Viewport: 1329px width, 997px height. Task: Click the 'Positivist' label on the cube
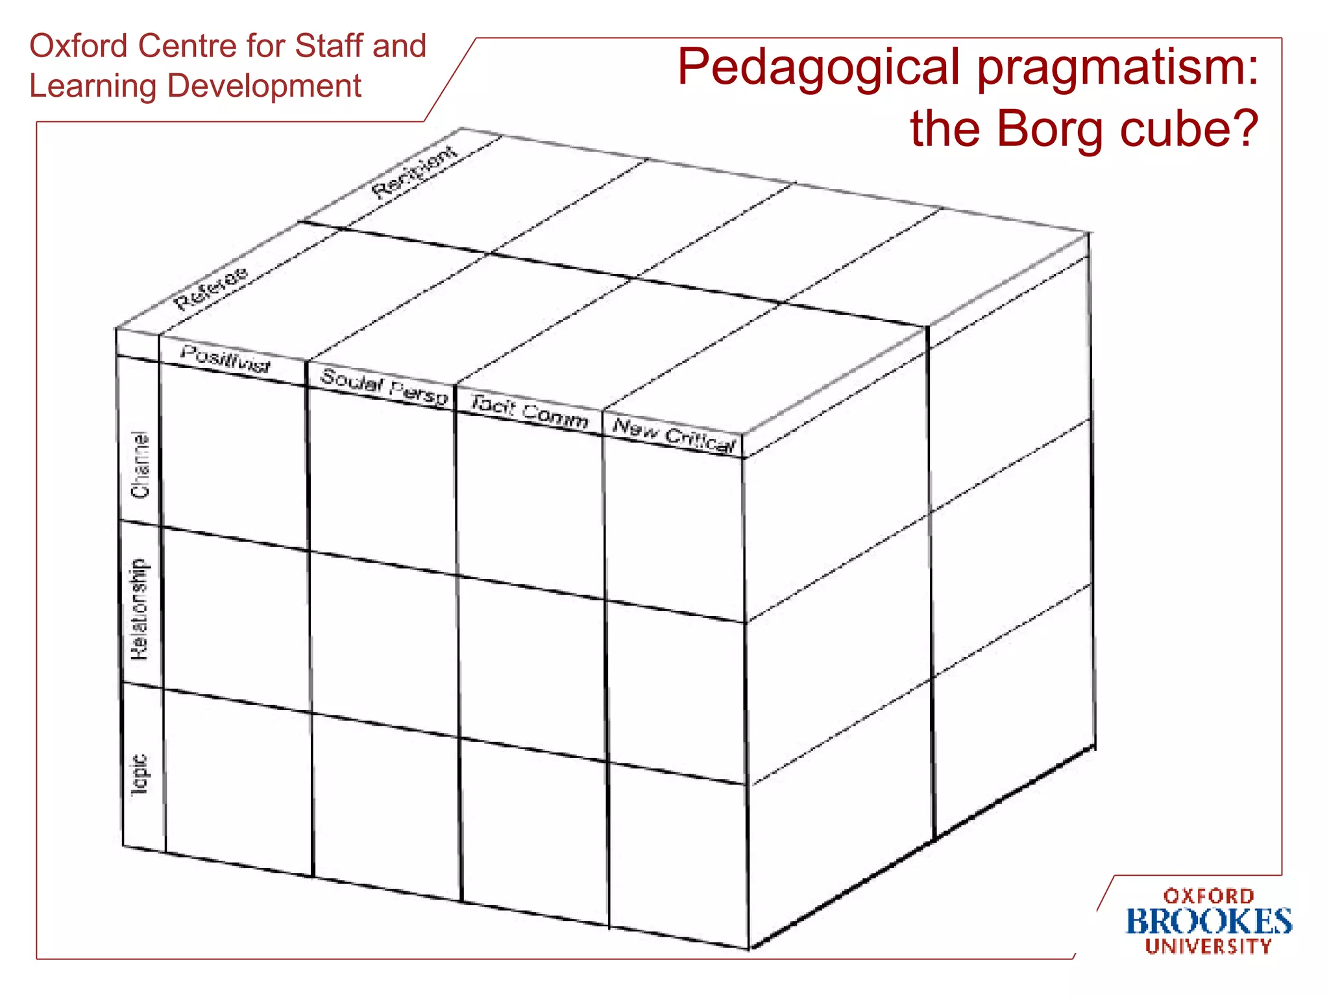(225, 360)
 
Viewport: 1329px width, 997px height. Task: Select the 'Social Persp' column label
(384, 387)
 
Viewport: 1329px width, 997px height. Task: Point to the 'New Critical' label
(674, 436)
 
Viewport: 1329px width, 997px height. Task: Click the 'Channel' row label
(140, 465)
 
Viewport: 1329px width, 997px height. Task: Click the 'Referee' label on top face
(212, 288)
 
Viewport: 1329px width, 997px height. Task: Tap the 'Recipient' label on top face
(415, 172)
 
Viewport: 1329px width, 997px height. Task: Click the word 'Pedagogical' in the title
(818, 68)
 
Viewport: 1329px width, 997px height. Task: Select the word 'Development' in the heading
(264, 86)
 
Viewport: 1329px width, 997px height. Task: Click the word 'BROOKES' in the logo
(1208, 922)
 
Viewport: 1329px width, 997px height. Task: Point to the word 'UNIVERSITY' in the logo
(1208, 946)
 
